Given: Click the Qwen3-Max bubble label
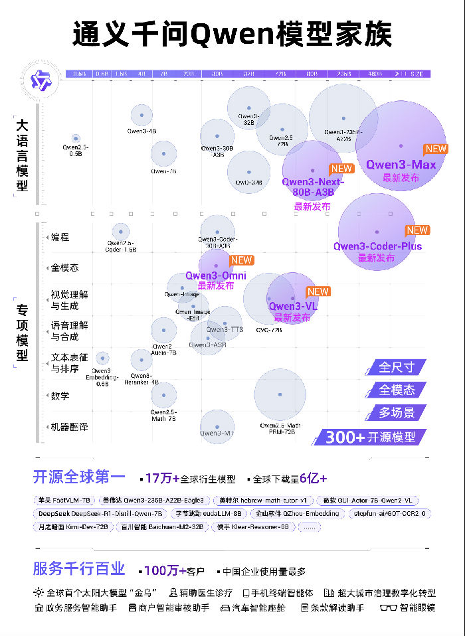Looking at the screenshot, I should pyautogui.click(x=401, y=165).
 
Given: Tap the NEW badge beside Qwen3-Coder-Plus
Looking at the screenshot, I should pyautogui.click(x=417, y=230).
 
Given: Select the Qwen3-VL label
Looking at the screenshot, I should pyautogui.click(x=290, y=306).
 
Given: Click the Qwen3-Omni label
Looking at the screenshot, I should pyautogui.click(x=216, y=276).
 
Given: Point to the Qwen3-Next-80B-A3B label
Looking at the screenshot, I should pyautogui.click(x=313, y=187).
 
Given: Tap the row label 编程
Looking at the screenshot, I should pyautogui.click(x=60, y=237).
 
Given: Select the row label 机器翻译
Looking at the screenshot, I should pyautogui.click(x=69, y=427).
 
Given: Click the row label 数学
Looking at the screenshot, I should pyautogui.click(x=60, y=396).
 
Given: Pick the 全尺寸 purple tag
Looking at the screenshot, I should pyautogui.click(x=397, y=367).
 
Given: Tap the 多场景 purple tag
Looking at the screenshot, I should pyautogui.click(x=397, y=412).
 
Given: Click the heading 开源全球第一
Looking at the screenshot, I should pyautogui.click(x=79, y=477).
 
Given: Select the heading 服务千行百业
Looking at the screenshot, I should pyautogui.click(x=79, y=568).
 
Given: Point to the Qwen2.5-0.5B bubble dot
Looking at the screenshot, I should pyautogui.click(x=76, y=138).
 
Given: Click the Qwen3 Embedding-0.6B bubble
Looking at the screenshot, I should pyautogui.click(x=102, y=358).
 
